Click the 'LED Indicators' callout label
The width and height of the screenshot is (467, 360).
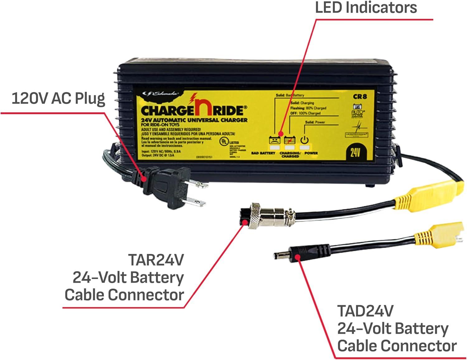click(366, 7)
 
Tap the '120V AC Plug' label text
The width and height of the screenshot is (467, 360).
click(58, 98)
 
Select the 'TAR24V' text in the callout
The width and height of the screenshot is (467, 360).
click(156, 259)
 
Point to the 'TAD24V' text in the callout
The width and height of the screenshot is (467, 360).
click(365, 311)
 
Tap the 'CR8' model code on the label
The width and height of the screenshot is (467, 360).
click(360, 96)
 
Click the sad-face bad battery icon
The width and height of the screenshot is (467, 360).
click(274, 140)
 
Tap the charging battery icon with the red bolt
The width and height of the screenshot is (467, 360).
click(290, 140)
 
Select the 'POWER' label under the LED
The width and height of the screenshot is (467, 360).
click(311, 153)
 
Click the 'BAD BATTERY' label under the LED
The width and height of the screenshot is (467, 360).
click(263, 153)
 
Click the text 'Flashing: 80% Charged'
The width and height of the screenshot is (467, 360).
click(308, 108)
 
